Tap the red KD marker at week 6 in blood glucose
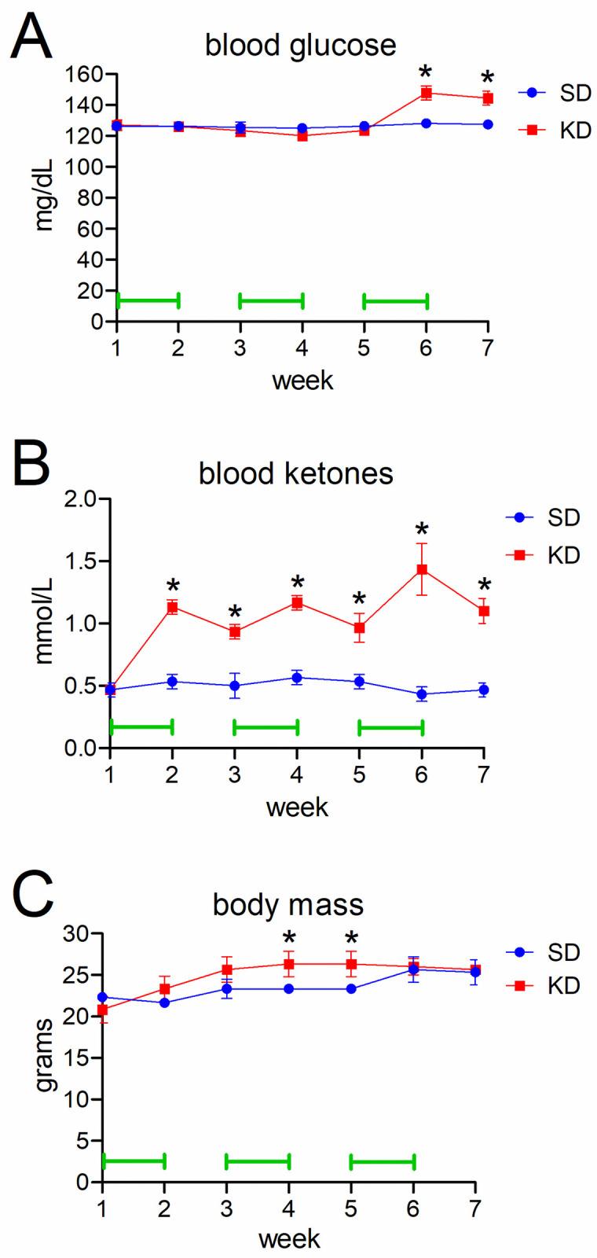pos(426,93)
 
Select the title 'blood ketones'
pos(295,474)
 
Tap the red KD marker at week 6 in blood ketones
pos(422,568)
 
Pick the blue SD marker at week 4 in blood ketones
pos(297,678)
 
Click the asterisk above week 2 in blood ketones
pos(173,587)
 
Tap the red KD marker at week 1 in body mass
pos(102,1010)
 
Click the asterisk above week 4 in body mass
pos(289,938)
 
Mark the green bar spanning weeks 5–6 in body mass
pos(382,1161)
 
